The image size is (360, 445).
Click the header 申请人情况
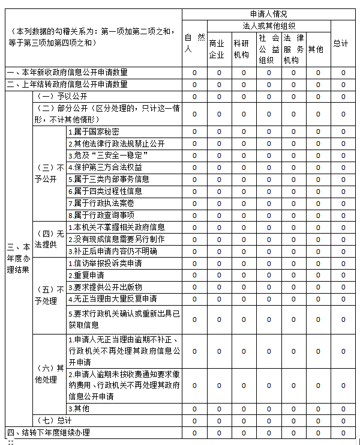point(268,14)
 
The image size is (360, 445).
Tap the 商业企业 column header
point(217,49)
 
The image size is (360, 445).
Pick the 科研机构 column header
point(241,49)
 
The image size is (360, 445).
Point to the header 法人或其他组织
point(268,26)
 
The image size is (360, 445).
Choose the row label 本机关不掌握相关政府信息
point(116,228)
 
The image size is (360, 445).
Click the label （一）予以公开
point(62,97)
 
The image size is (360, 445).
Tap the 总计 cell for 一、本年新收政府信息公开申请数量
point(343,73)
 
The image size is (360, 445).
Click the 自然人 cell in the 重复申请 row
point(194,275)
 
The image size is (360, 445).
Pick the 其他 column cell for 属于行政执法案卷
point(319,203)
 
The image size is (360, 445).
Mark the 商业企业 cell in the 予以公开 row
point(219,97)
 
